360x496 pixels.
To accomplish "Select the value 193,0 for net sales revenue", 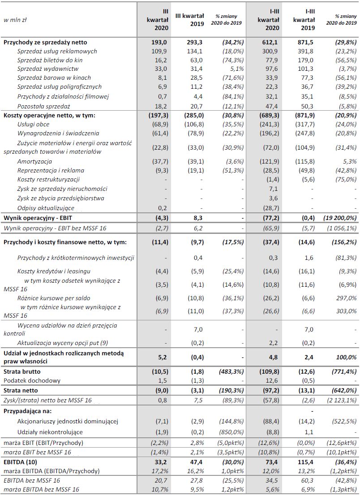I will pyautogui.click(x=160, y=42).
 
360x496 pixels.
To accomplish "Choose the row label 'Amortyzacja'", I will pyautogui.click(x=34, y=161).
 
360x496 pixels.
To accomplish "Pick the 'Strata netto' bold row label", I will pyautogui.click(x=21, y=390).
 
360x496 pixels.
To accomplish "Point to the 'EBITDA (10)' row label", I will pyautogui.click(x=20, y=462).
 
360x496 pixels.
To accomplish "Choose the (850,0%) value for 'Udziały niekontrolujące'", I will pyautogui.click(x=231, y=432).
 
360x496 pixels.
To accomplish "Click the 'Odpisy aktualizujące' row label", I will pyautogui.click(x=46, y=208).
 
